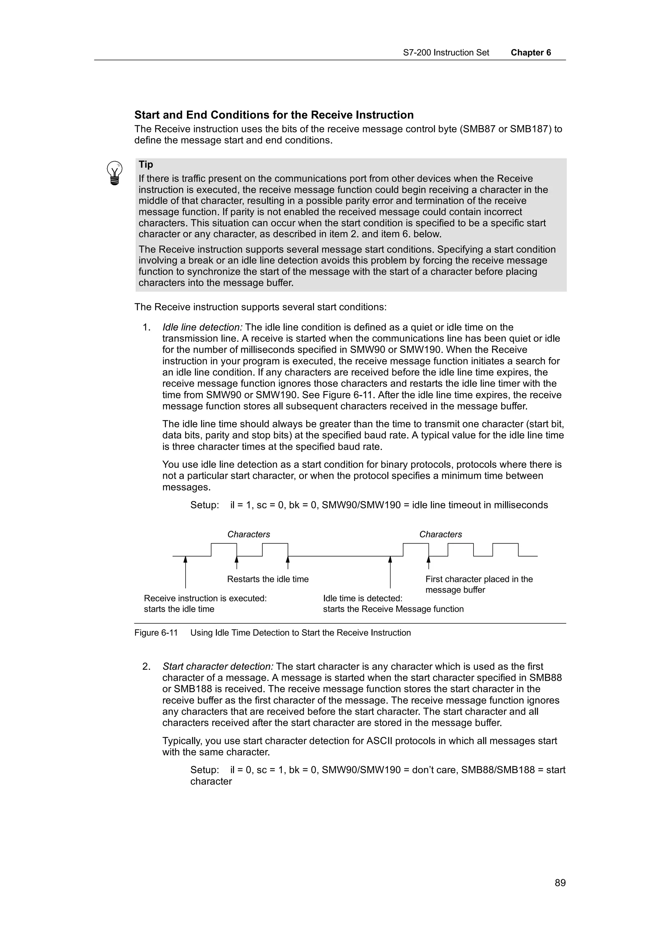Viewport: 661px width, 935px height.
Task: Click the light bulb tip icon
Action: pos(115,173)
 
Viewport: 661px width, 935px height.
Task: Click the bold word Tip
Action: pos(146,165)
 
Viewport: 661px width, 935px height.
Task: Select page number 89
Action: pos(560,882)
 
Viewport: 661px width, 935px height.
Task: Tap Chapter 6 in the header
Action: pos(531,53)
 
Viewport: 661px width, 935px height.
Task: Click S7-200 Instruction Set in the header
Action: pos(446,53)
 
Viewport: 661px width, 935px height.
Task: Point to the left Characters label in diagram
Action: pos(249,534)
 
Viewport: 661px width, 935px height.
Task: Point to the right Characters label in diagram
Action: pos(441,534)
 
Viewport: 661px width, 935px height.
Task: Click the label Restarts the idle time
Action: pos(268,579)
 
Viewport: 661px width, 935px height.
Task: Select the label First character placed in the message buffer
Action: pos(479,584)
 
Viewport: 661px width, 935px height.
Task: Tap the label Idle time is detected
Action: pos(362,598)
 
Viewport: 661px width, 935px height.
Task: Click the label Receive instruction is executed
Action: pos(205,598)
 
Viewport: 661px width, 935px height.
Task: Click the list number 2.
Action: pos(146,667)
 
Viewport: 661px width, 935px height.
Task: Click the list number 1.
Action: pos(146,327)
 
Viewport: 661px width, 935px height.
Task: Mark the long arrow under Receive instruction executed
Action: pos(185,572)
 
